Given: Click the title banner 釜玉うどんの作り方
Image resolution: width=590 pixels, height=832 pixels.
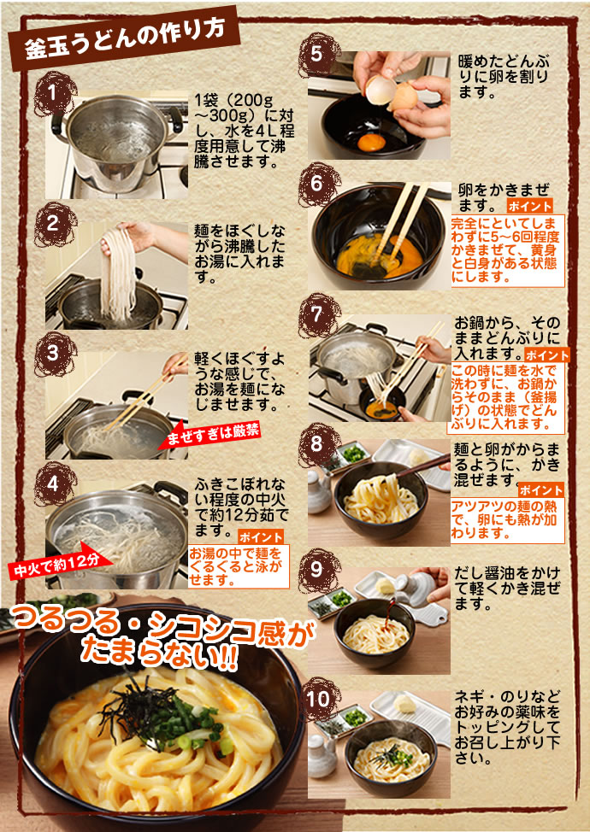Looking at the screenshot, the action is [124, 38].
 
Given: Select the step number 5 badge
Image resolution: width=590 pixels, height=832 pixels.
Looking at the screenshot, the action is [318, 54].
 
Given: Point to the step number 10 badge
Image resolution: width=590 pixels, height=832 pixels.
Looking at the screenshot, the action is [318, 700].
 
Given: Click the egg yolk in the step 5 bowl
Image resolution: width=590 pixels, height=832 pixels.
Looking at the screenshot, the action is [371, 142].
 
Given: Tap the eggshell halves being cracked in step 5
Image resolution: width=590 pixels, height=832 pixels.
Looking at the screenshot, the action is [392, 91].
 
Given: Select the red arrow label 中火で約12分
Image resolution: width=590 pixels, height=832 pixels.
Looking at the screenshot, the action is [60, 563].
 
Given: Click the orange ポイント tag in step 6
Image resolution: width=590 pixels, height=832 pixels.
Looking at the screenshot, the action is [529, 206].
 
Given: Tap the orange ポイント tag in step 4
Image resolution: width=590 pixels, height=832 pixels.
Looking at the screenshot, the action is [260, 537].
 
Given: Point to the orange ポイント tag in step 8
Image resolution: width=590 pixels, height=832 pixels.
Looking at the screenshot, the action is [541, 490].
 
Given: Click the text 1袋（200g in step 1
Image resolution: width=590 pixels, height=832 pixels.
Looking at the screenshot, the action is [233, 100].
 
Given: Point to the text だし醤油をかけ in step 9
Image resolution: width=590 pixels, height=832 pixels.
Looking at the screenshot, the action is [506, 573].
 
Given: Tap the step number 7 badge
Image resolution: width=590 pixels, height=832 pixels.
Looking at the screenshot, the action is [318, 315].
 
